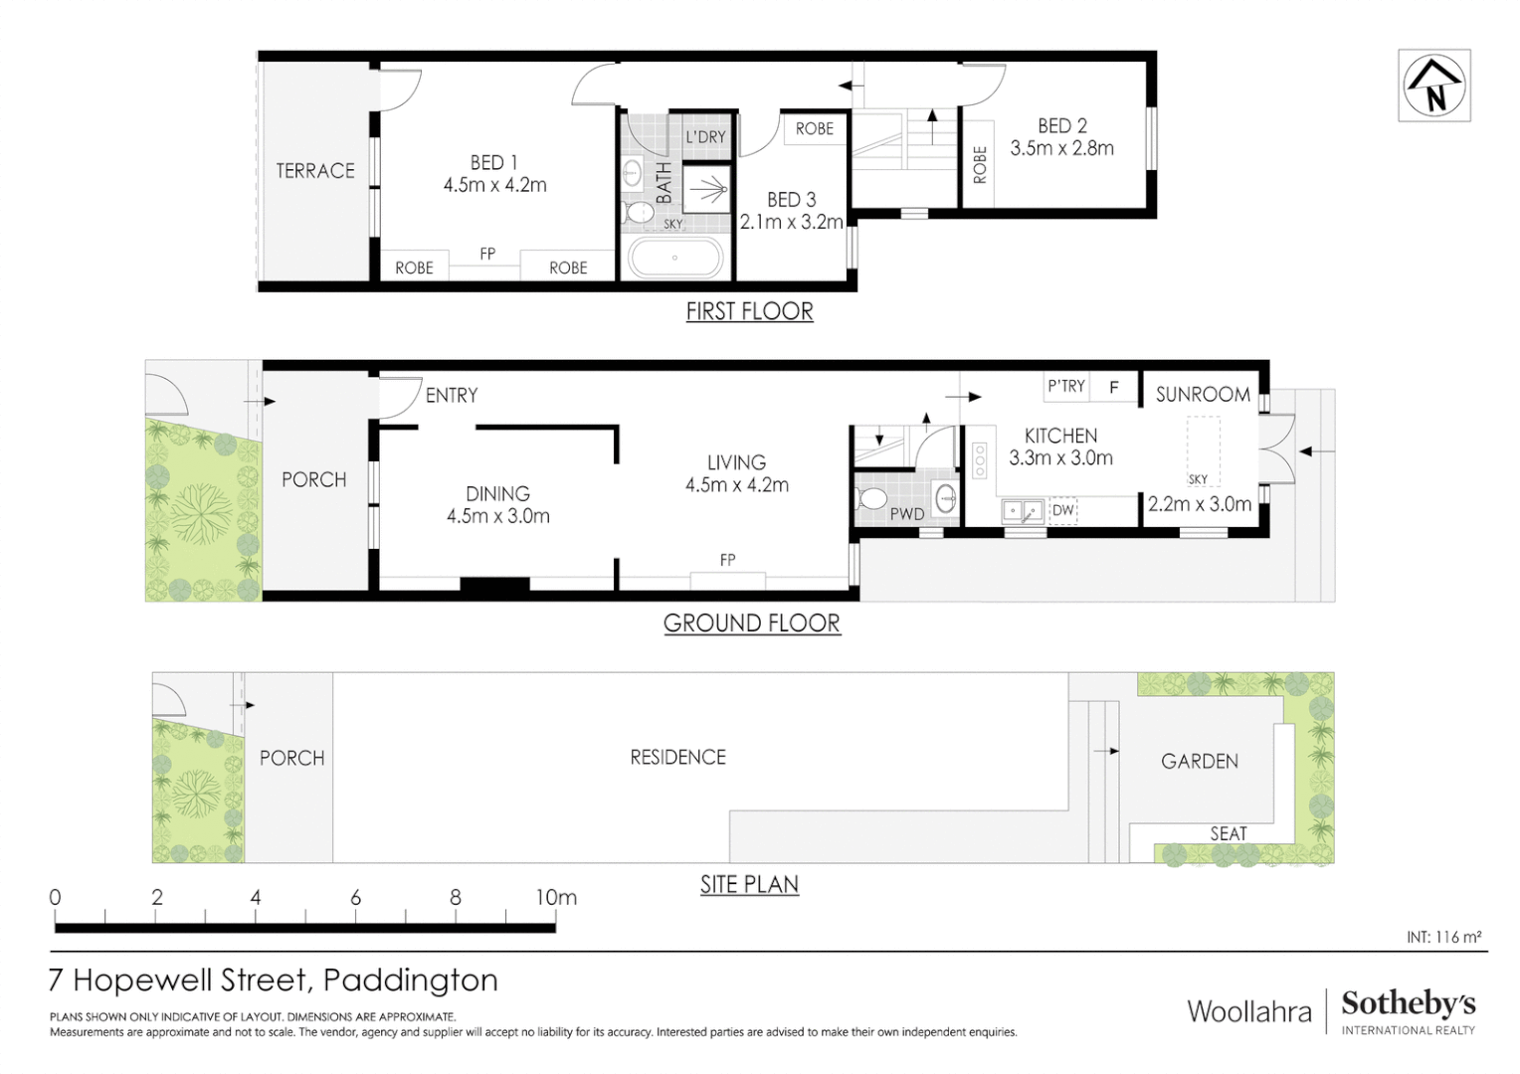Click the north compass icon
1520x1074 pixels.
1433,86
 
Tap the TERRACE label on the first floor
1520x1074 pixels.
315,171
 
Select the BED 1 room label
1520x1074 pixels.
494,162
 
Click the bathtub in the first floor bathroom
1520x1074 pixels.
674,258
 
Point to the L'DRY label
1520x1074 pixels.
705,137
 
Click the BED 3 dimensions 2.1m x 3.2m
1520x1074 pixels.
791,222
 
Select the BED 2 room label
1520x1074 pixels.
1062,126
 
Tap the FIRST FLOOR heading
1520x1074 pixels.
749,311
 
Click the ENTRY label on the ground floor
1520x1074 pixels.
452,396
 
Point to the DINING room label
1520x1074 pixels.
497,493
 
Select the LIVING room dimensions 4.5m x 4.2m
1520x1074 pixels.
736,485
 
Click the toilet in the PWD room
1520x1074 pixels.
872,497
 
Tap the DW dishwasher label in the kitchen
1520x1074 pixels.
1063,510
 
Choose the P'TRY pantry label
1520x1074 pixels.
1066,386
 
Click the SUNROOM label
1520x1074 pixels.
1203,395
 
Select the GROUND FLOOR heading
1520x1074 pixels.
752,624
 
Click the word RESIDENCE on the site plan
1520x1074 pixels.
677,758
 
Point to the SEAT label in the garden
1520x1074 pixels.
1228,834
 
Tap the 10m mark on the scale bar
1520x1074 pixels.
555,898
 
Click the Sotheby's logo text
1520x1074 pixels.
1408,1003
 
